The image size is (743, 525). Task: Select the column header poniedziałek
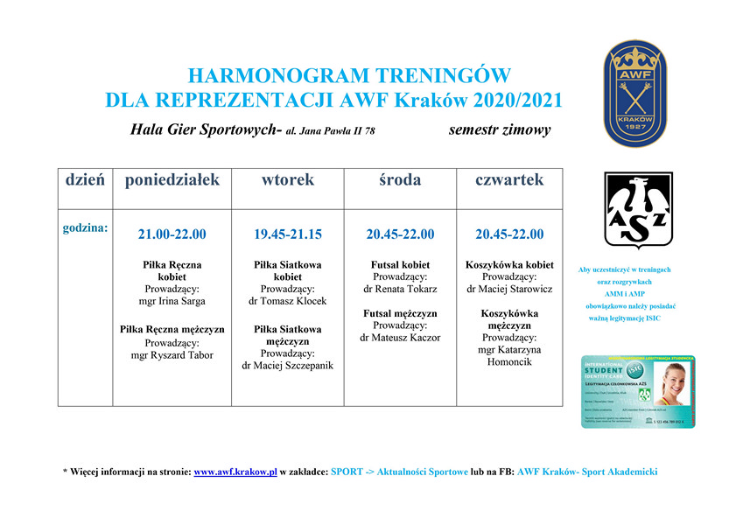click(x=172, y=180)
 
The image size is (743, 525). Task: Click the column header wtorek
click(x=287, y=180)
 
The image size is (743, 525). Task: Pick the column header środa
click(x=400, y=180)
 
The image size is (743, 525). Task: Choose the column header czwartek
click(x=509, y=180)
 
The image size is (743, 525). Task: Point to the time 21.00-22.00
click(x=172, y=234)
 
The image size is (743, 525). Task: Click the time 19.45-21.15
click(x=287, y=234)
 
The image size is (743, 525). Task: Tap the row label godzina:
click(x=85, y=228)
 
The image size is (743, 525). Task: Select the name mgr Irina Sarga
click(x=172, y=301)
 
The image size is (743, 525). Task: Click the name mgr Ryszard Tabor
click(x=172, y=355)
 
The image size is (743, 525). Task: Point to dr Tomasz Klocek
click(x=287, y=301)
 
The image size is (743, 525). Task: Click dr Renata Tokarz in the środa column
click(x=400, y=289)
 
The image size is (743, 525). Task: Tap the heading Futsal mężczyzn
click(x=400, y=313)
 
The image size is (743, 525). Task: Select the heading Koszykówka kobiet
click(x=509, y=264)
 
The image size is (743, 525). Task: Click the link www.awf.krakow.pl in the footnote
click(x=235, y=472)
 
